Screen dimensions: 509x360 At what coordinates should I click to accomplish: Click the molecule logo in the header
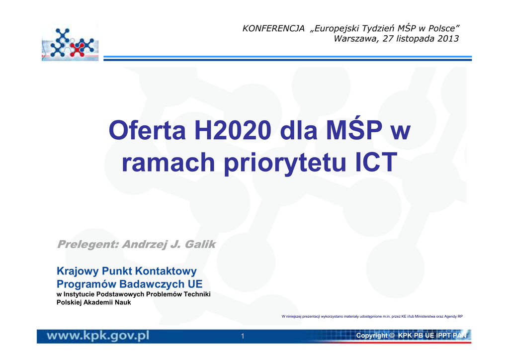70,42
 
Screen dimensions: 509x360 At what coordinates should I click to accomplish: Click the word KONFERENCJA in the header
274,28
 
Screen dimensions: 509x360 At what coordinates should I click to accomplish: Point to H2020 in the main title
233,130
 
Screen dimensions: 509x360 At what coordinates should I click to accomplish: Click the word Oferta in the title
147,130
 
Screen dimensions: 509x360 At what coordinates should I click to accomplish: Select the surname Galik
200,244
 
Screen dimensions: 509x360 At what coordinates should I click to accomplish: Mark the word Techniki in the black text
197,294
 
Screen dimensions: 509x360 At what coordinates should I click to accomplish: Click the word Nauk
123,302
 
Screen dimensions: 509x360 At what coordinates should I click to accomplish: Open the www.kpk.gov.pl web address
98,336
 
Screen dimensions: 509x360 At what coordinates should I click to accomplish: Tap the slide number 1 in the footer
243,336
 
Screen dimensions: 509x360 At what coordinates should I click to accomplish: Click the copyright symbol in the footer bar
392,335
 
